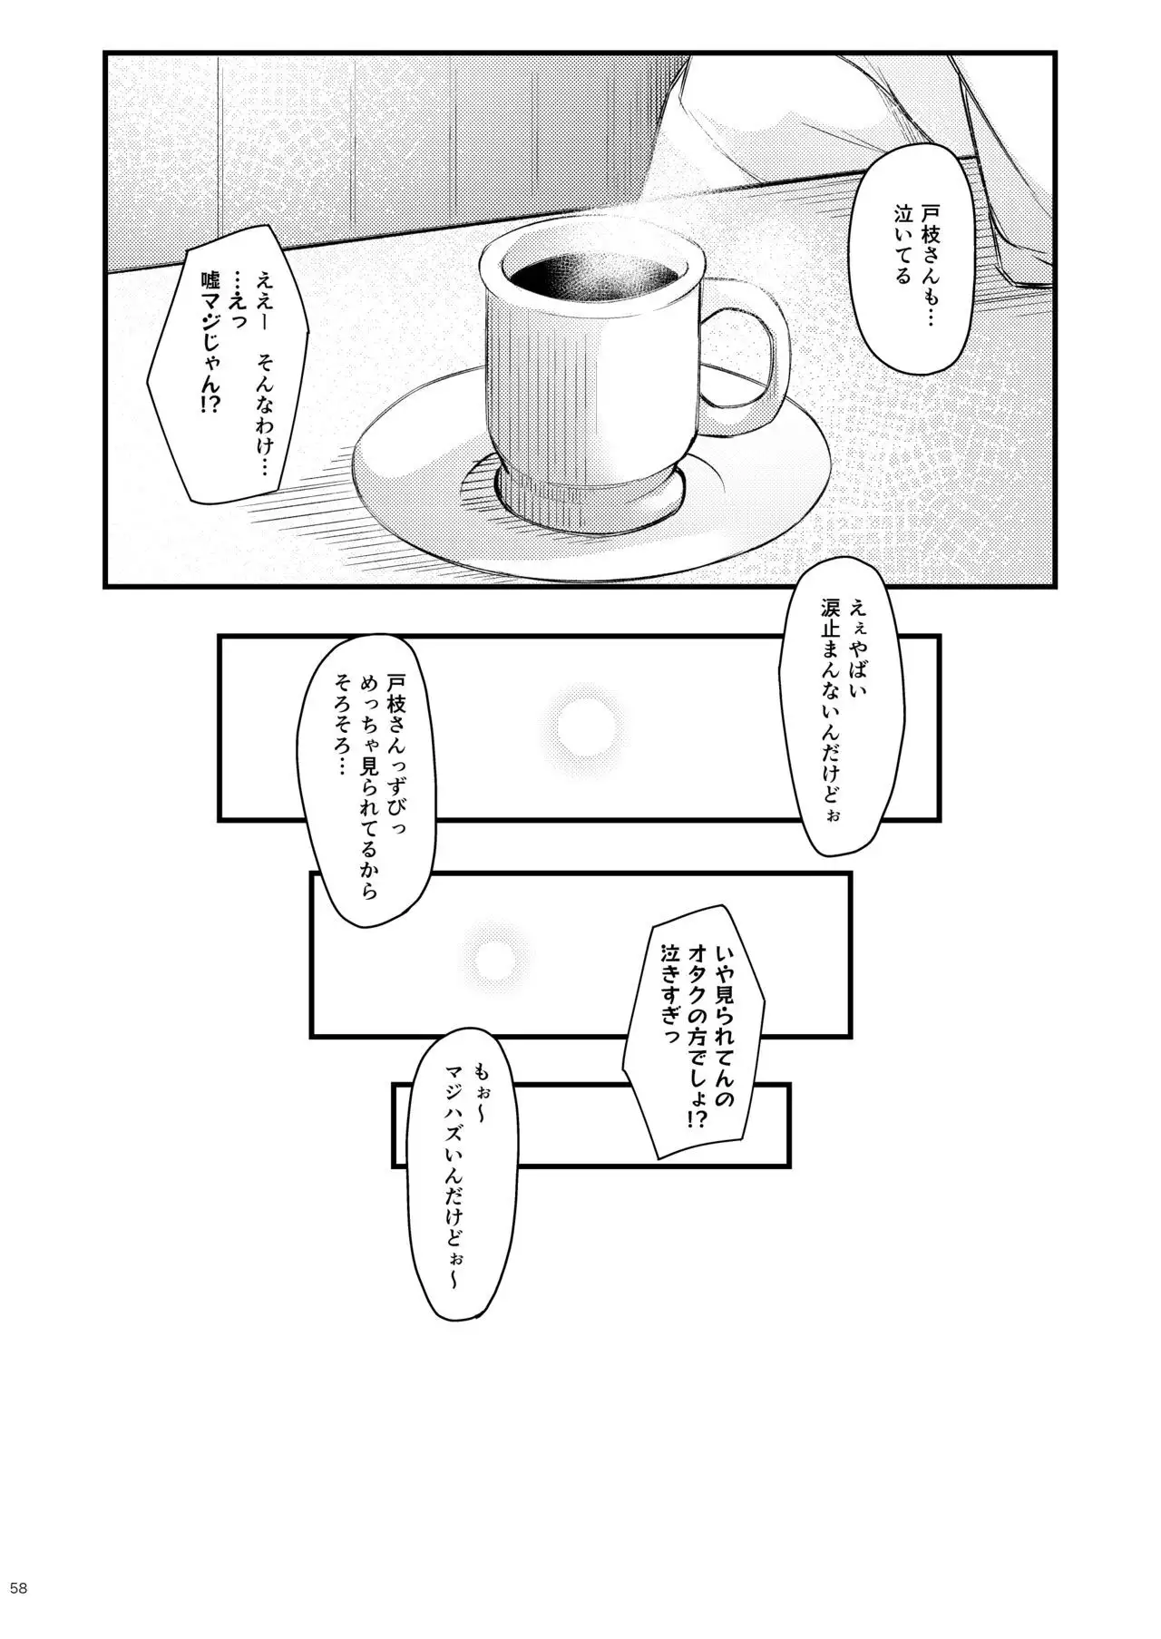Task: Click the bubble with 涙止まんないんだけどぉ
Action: pyautogui.click(x=831, y=717)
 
